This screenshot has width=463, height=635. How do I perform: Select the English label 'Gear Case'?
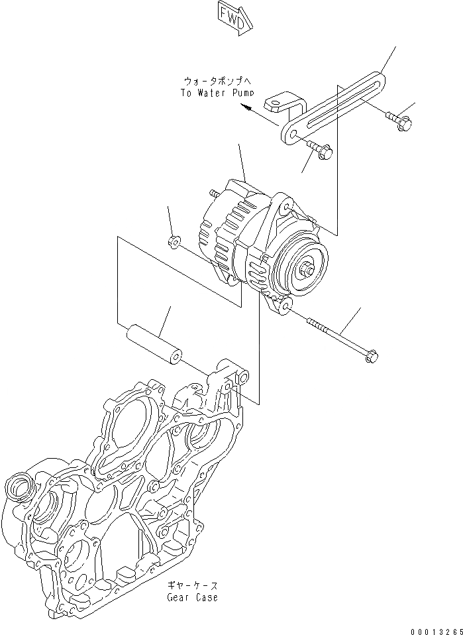pyautogui.click(x=192, y=597)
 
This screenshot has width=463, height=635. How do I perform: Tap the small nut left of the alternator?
pyautogui.click(x=174, y=242)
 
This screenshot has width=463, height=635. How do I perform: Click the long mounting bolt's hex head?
pyautogui.click(x=372, y=356)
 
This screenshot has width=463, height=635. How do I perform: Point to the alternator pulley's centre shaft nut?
pyautogui.click(x=311, y=269)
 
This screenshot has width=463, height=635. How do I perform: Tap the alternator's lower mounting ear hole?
pyautogui.click(x=286, y=306)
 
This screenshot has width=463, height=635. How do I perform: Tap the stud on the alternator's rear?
pyautogui.click(x=214, y=193)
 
